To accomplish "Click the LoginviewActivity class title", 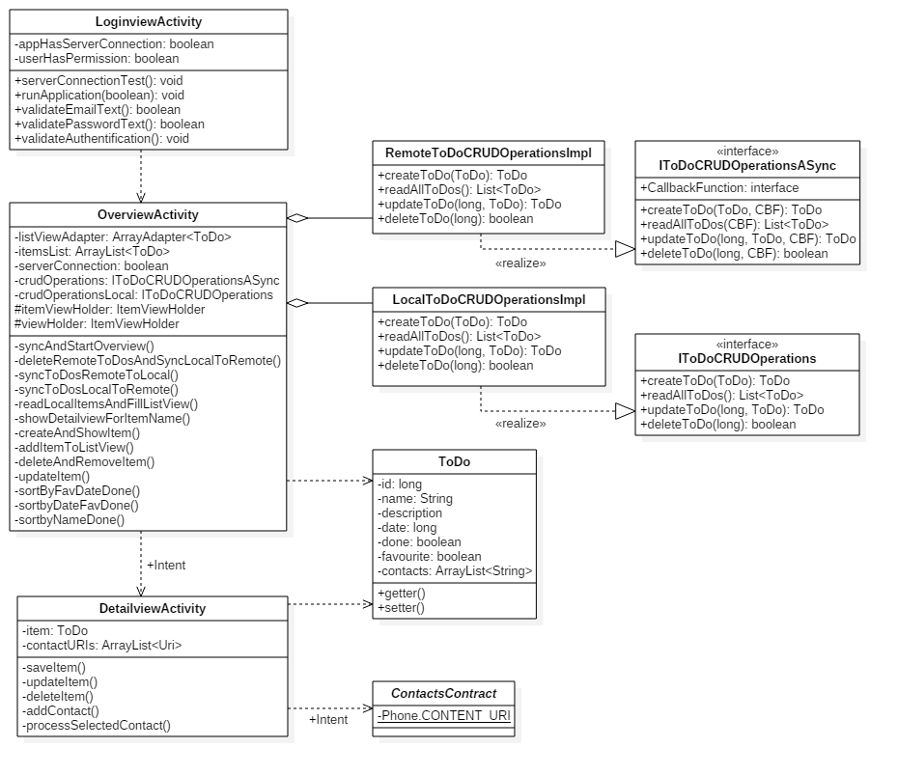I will tap(149, 22).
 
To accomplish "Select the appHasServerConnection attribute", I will tap(114, 44).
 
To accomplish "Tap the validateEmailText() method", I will tap(98, 110).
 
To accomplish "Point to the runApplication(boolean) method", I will tap(99, 96).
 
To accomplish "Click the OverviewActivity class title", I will tap(148, 215).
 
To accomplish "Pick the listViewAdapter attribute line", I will tap(123, 236).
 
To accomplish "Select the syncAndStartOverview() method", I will tap(85, 346).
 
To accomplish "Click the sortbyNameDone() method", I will tap(70, 520).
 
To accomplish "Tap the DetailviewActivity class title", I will tap(152, 609).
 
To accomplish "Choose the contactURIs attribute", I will tap(101, 645).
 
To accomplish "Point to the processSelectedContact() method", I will tap(96, 725).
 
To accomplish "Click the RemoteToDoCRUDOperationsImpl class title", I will tap(488, 153).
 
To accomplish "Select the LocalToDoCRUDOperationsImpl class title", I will tap(489, 300).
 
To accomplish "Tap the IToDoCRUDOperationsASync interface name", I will tap(747, 166).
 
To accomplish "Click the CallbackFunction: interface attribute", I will tap(719, 188).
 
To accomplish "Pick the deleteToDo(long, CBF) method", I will tap(734, 254).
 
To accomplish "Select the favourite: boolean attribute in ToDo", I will tap(430, 557).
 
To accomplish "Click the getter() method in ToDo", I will tap(401, 593).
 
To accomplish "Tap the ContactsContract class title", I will tap(443, 693).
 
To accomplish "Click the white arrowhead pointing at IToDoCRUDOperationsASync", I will tap(625, 249).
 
